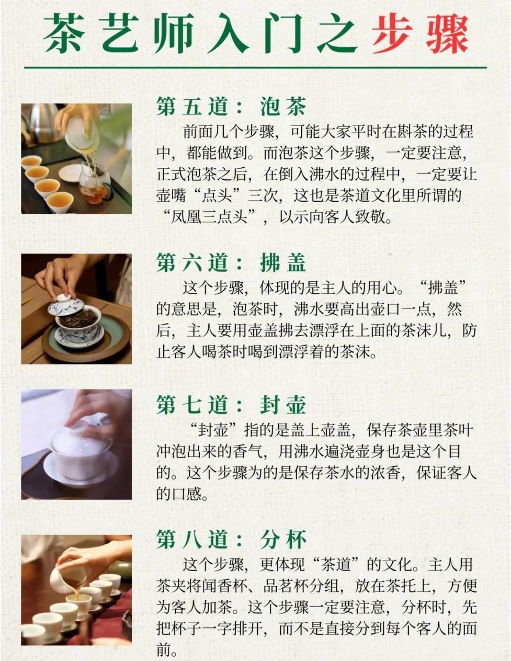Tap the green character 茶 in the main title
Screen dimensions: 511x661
[x=64, y=34]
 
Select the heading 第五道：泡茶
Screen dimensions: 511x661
[x=231, y=106]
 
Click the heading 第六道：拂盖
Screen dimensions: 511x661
[x=231, y=263]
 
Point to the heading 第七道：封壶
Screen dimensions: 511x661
[x=231, y=405]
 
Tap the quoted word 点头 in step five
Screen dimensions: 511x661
[x=217, y=196]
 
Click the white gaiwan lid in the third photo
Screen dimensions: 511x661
[x=80, y=437]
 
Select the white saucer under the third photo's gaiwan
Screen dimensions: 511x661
[x=80, y=467]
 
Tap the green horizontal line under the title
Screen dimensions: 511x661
[x=255, y=67]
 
